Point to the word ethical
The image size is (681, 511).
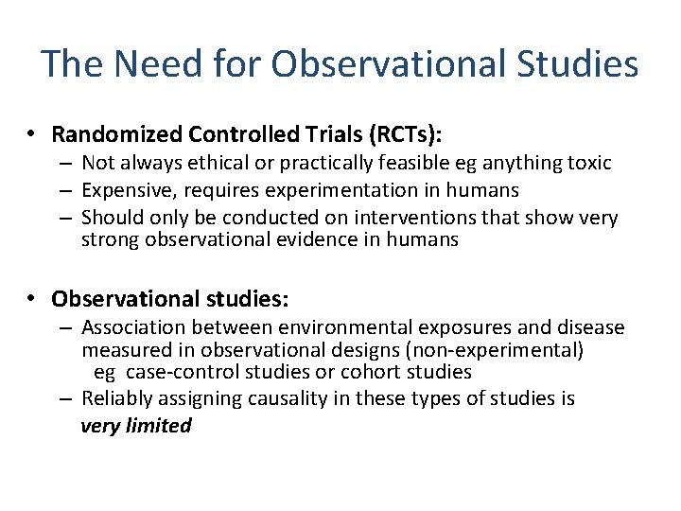click(x=220, y=164)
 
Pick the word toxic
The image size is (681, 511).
click(x=589, y=164)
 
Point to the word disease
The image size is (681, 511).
click(x=590, y=328)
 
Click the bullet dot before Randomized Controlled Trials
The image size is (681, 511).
click(x=32, y=133)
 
